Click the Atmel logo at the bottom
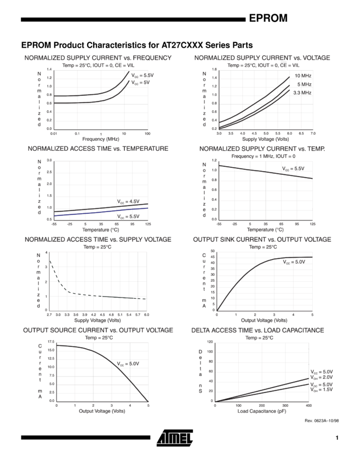pos(175,438)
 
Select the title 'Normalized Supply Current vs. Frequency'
pos(98,58)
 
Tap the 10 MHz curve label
pos(303,76)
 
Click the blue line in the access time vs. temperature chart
pos(99,212)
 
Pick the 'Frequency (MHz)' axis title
pos(101,139)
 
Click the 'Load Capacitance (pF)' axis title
pos(261,411)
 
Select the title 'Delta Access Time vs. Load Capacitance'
pos(257,331)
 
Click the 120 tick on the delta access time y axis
pos(210,341)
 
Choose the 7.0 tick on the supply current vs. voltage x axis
pos(313,133)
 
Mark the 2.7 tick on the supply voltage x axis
pos(49,314)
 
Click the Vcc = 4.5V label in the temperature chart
pos(128,201)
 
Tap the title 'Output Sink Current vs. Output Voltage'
pos(261,240)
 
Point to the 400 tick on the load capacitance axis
pos(308,406)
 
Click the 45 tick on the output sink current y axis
pos(212,257)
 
